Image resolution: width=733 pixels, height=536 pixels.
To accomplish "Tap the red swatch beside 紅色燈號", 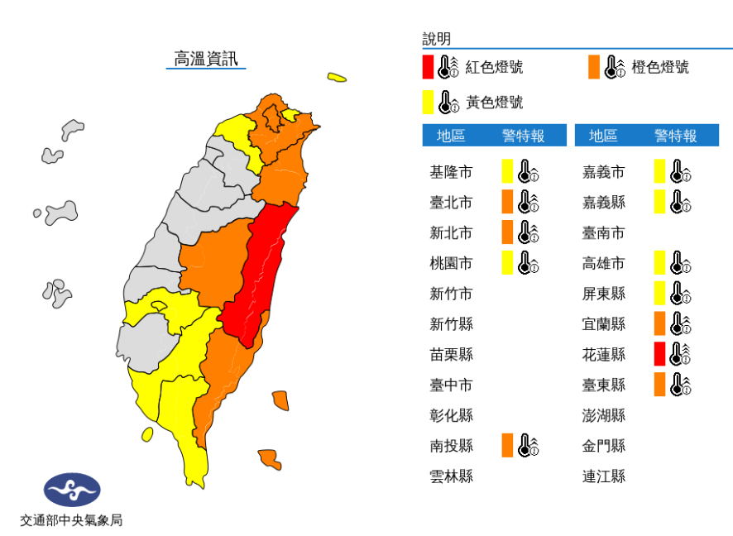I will click(428, 67).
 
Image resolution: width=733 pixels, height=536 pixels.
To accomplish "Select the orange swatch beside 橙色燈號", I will click(594, 67).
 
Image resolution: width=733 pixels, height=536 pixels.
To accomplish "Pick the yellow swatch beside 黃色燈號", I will click(428, 103).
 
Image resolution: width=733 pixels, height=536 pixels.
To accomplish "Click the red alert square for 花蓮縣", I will click(659, 354).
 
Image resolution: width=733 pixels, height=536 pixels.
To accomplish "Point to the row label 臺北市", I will click(452, 203).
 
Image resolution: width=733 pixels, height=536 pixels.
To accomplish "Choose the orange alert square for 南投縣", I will click(507, 446).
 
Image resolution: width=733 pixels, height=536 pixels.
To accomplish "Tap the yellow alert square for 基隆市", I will click(507, 172).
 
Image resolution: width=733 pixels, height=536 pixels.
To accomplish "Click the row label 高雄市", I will click(604, 263).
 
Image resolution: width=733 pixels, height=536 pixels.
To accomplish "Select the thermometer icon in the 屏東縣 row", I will click(680, 294).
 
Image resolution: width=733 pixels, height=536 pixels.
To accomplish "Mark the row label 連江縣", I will click(604, 476).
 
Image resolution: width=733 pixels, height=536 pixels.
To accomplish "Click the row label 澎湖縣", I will click(604, 415).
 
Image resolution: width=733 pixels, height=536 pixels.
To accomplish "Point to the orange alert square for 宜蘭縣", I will click(659, 323).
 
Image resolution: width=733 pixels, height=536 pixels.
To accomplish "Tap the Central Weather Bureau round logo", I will click(72, 491).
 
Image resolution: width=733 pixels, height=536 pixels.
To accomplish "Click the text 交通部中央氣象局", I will click(72, 520).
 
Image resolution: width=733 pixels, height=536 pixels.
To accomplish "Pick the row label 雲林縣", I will click(452, 476).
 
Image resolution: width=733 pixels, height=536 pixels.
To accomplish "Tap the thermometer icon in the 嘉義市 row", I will click(680, 172).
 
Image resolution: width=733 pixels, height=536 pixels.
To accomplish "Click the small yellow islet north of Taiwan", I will click(336, 78).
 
